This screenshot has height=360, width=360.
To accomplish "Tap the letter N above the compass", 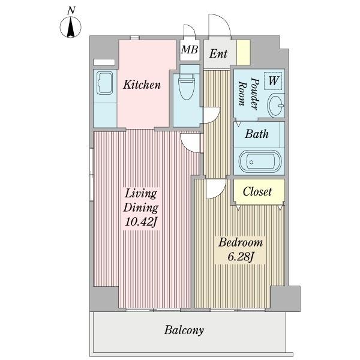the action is pos(71,11).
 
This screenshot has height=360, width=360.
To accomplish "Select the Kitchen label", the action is pos(142,85).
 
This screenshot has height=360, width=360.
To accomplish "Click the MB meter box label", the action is pos(190,49).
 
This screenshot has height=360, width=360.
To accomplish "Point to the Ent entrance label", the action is pos(218,54).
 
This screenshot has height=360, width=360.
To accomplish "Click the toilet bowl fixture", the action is pos(187,86).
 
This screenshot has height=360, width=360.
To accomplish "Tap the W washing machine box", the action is pos(273,81).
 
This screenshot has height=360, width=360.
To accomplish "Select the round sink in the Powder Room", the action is pos(276,106).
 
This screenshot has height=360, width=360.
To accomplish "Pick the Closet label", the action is pos(257,191).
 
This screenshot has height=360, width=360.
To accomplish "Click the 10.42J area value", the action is pos(141,222).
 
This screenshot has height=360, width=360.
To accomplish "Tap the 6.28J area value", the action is pos(241,256).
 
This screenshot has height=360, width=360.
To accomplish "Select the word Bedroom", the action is pos(241,242).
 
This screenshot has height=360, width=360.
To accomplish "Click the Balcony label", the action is pos(184,331).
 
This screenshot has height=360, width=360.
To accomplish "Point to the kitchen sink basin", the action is pos(104,83).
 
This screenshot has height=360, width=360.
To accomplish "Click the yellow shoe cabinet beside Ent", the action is pos(244,52).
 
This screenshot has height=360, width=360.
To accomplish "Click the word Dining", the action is pos(141,208).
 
